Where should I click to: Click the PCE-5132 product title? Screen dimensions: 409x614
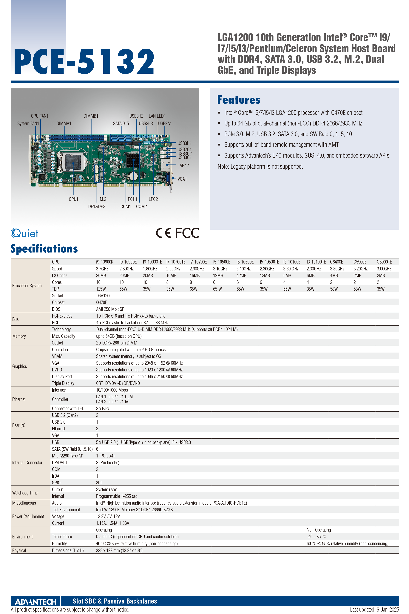click(84, 61)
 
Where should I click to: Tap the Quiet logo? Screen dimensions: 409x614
click(24, 233)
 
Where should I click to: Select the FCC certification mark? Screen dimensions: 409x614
click(187, 233)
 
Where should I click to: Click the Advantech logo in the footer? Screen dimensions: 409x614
click(36, 601)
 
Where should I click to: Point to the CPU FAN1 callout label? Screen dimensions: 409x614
click(40, 116)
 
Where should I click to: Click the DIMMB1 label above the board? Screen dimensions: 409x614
click(91, 116)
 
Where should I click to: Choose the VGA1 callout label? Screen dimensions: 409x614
click(182, 179)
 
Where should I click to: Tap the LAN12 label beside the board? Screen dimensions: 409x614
click(183, 166)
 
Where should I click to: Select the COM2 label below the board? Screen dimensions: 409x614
click(141, 206)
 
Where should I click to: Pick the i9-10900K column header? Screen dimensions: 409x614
click(105, 262)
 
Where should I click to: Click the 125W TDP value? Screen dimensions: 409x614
click(101, 289)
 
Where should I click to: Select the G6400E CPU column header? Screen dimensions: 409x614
click(337, 262)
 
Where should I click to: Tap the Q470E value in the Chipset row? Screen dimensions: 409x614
click(101, 303)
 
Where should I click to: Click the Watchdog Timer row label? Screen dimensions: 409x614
click(26, 493)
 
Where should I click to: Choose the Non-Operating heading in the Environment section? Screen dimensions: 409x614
click(319, 530)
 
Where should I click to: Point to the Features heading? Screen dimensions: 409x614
click(239, 100)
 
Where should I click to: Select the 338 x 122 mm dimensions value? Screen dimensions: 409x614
click(119, 550)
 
